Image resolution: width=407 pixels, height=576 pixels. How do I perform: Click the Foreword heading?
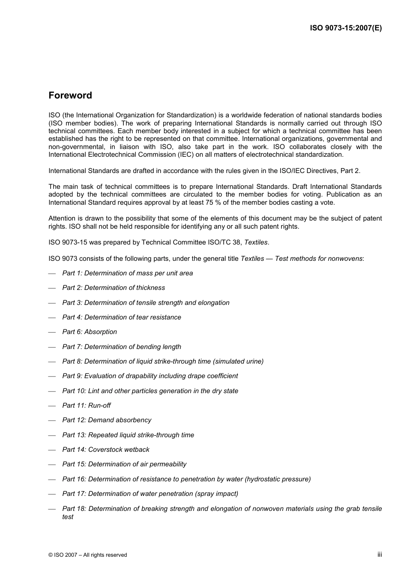(70, 96)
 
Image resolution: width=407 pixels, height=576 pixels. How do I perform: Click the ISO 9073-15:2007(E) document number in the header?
(346, 28)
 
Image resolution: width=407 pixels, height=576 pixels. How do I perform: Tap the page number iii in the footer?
(380, 554)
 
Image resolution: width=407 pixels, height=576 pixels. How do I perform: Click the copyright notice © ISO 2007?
(88, 555)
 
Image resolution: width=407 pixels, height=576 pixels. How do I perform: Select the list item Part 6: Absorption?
(90, 332)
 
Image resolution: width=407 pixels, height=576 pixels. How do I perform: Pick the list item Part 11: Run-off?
(86, 406)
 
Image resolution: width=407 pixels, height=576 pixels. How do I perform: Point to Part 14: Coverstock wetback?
(106, 450)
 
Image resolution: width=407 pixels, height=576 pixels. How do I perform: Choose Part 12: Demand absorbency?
(107, 420)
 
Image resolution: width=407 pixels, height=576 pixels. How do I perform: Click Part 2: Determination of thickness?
(114, 288)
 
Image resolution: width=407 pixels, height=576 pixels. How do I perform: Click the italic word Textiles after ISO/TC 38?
(256, 242)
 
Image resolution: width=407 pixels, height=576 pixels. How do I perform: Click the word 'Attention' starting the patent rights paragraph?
(62, 218)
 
